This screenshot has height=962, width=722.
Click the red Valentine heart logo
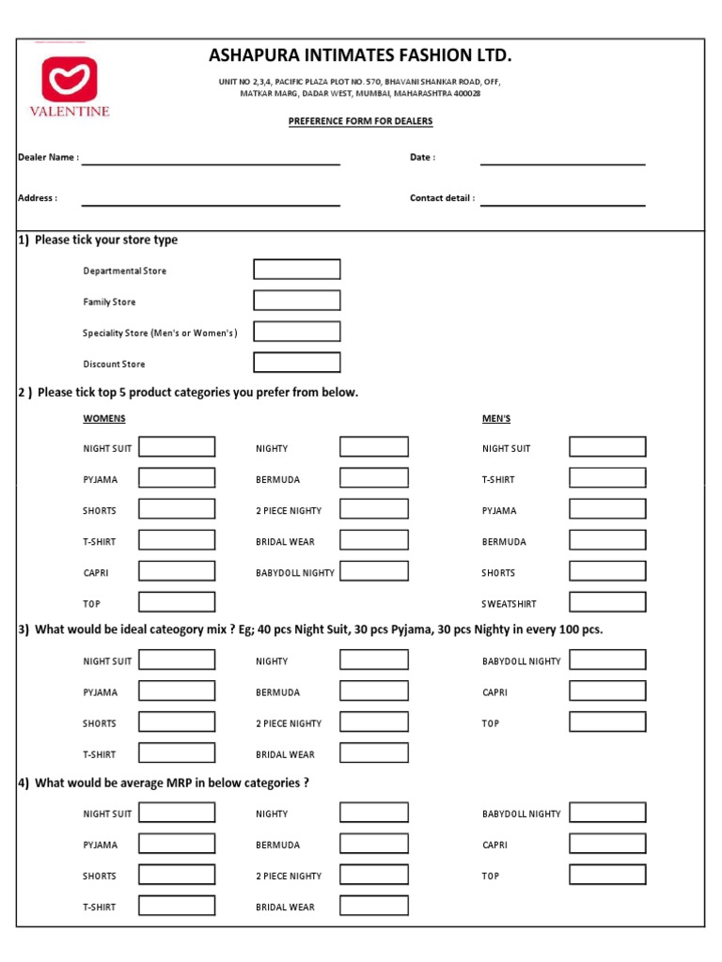(75, 79)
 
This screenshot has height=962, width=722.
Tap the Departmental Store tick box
(297, 270)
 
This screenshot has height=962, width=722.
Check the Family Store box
(297, 301)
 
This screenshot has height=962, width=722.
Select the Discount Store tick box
(297, 363)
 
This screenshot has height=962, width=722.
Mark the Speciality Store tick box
(297, 332)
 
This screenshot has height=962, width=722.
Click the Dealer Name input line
(211, 163)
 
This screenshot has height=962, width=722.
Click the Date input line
(562, 163)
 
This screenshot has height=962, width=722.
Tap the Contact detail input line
(562, 203)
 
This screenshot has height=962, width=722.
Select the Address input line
(211, 203)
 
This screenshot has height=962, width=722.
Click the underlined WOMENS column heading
(104, 418)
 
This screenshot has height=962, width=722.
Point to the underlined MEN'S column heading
(496, 418)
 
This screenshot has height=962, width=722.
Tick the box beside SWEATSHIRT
(607, 602)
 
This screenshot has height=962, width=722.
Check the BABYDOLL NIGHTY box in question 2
(374, 571)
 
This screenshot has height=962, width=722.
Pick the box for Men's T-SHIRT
(607, 478)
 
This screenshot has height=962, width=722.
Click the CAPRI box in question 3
(607, 690)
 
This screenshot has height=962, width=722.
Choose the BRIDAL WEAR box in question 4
(374, 906)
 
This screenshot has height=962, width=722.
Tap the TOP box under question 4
(607, 875)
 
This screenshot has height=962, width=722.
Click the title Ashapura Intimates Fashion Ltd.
(361, 56)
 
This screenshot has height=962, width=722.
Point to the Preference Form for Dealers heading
(361, 121)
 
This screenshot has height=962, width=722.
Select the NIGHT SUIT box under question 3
(177, 659)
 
